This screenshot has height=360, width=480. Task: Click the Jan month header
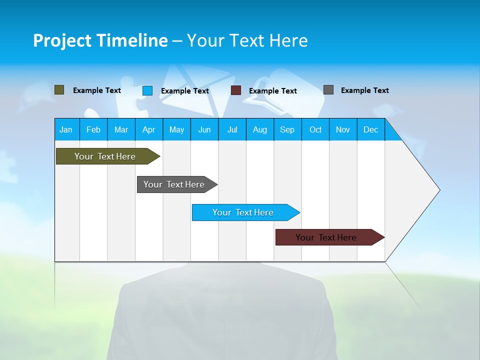[66, 129]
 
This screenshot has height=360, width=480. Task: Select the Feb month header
[93, 129]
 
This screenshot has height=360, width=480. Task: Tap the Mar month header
[121, 129]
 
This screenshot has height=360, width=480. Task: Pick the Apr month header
[148, 129]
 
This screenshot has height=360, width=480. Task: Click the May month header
[176, 129]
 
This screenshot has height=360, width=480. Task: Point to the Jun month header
[204, 129]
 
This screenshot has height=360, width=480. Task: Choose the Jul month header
[232, 129]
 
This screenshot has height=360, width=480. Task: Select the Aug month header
[260, 129]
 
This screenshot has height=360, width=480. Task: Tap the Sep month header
[287, 129]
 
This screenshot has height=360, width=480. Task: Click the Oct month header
[315, 129]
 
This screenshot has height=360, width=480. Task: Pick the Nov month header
[343, 129]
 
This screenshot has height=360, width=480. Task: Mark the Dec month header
[371, 129]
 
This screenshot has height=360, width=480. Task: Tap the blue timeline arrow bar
[243, 212]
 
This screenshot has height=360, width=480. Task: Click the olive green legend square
[59, 90]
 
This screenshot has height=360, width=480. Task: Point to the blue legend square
[147, 90]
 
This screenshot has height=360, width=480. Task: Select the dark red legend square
[236, 90]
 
